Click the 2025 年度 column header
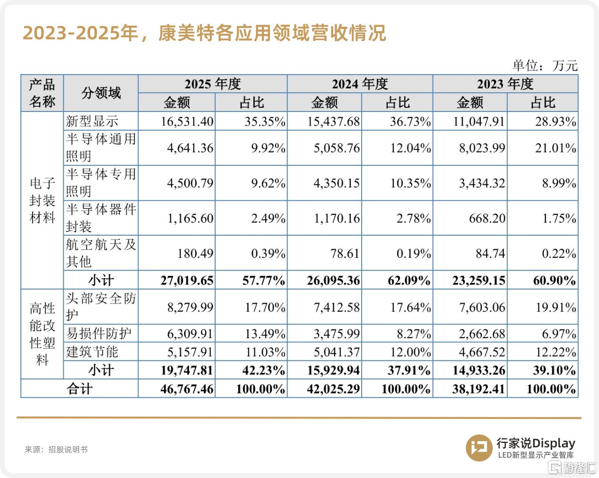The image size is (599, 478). tap(213, 84)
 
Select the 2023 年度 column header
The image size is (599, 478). tap(505, 84)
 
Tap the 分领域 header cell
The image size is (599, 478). tap(101, 93)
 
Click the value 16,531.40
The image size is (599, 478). tap(187, 121)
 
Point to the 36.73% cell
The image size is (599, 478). tap(410, 121)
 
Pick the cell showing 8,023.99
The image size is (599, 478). tap(482, 148)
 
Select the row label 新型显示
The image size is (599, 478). tap(92, 121)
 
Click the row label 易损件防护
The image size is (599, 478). tap(98, 333)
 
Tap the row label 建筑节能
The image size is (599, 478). tap(92, 352)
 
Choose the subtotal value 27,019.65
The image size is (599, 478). tap(187, 280)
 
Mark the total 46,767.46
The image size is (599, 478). tap(187, 389)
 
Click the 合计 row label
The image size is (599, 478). tap(79, 388)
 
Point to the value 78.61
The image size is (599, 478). tap(345, 254)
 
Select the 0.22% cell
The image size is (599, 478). tap(559, 254)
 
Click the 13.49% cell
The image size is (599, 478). tap(265, 333)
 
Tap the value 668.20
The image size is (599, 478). tap(487, 218)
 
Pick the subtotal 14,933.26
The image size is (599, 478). tap(479, 370)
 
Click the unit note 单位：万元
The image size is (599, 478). tap(545, 66)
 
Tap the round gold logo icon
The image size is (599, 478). tap(479, 448)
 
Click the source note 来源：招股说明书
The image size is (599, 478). tap(56, 449)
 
